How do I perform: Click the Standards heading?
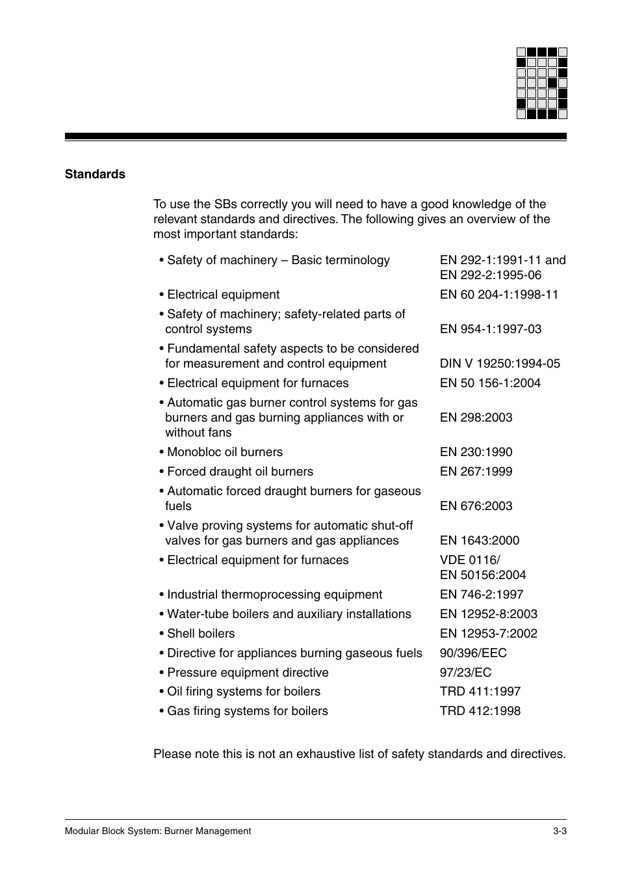pyautogui.click(x=95, y=174)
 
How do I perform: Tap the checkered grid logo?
pyautogui.click(x=541, y=83)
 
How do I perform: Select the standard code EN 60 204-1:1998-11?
pyautogui.click(x=498, y=295)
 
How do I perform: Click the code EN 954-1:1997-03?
pyautogui.click(x=490, y=329)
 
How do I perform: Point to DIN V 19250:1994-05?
pyautogui.click(x=499, y=364)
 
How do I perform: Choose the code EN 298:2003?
pyautogui.click(x=476, y=418)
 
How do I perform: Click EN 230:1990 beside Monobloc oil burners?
pyautogui.click(x=476, y=452)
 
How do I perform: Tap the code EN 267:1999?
pyautogui.click(x=476, y=472)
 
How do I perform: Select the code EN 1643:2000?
pyautogui.click(x=479, y=541)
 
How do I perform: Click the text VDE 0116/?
pyautogui.click(x=470, y=560)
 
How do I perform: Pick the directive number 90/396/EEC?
pyautogui.click(x=473, y=653)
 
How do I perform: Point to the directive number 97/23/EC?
pyautogui.click(x=465, y=673)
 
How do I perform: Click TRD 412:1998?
pyautogui.click(x=480, y=711)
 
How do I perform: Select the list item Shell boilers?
pyautogui.click(x=200, y=634)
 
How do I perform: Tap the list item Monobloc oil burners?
pyautogui.click(x=224, y=452)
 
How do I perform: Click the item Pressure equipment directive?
pyautogui.click(x=247, y=673)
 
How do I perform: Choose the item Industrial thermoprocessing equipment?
pyautogui.click(x=274, y=595)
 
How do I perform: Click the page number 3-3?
pyautogui.click(x=560, y=831)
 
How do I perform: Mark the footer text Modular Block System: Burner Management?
pyautogui.click(x=158, y=831)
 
